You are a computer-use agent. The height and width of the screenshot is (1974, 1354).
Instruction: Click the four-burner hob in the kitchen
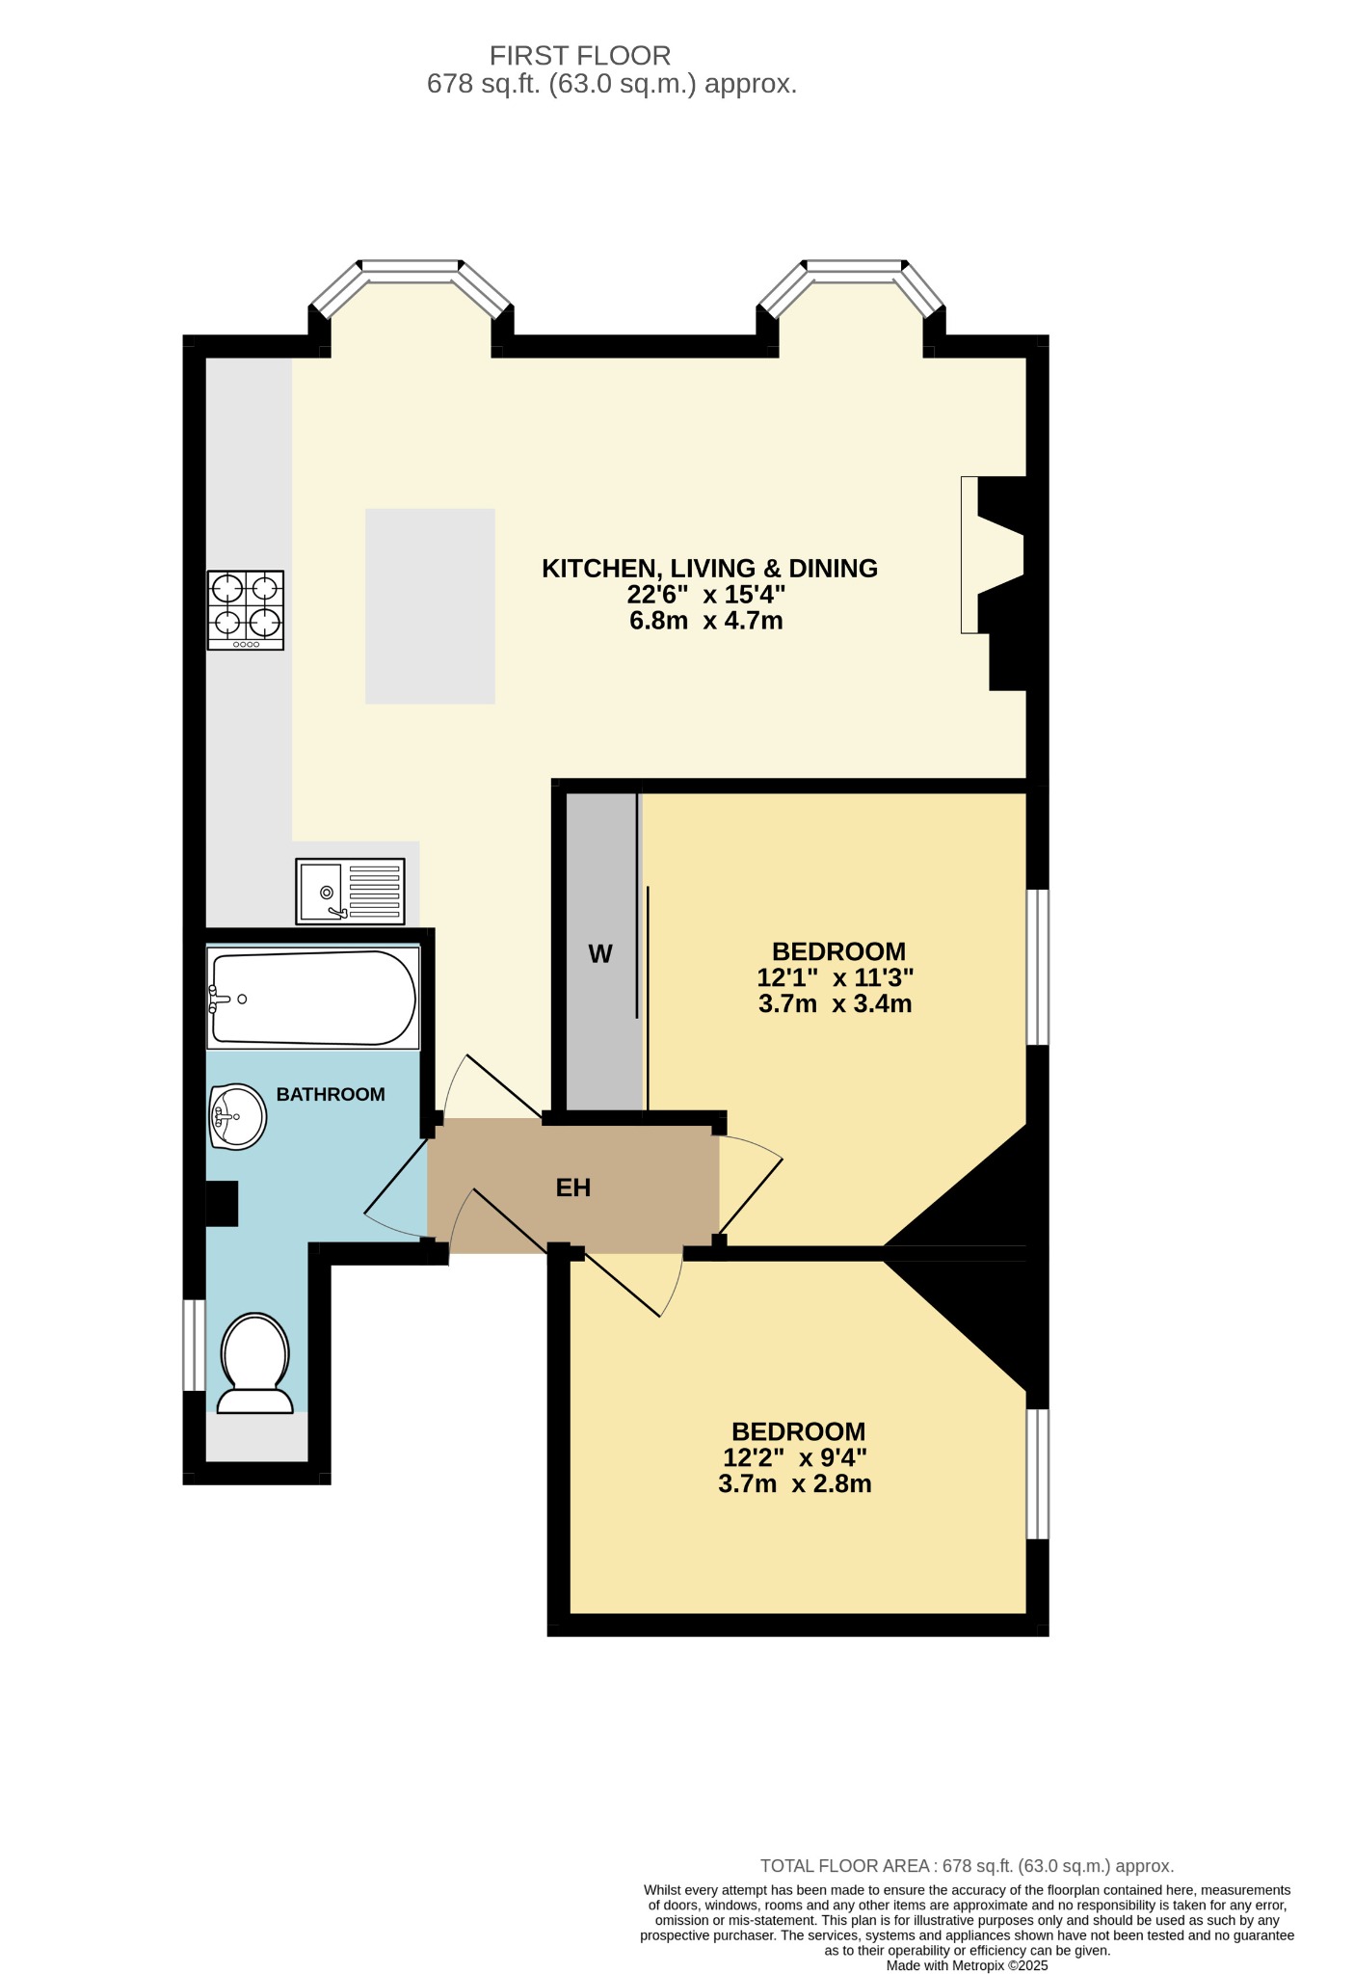pyautogui.click(x=246, y=609)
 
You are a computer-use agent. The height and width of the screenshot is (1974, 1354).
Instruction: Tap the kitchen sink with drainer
pyautogui.click(x=349, y=891)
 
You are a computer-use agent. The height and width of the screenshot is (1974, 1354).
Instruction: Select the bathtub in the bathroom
pyautogui.click(x=313, y=998)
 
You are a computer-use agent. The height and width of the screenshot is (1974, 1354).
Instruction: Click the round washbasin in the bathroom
pyautogui.click(x=237, y=1117)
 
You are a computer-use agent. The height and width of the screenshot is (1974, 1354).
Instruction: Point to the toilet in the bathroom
pyautogui.click(x=255, y=1363)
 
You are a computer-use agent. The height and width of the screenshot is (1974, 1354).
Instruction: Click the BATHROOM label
pyautogui.click(x=331, y=1094)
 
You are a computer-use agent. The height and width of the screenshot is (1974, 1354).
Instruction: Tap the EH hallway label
pyautogui.click(x=573, y=1187)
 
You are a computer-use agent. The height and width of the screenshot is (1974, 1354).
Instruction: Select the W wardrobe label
pyautogui.click(x=600, y=954)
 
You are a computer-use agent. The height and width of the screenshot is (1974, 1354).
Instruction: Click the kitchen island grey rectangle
pyautogui.click(x=430, y=605)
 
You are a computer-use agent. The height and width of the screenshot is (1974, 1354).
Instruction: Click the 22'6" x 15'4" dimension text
pyautogui.click(x=706, y=595)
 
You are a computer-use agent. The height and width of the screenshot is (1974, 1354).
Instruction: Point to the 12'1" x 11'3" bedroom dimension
pyautogui.click(x=836, y=977)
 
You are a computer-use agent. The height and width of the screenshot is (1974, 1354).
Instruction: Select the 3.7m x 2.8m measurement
pyautogui.click(x=795, y=1483)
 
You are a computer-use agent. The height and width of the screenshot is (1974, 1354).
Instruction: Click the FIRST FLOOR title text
pyautogui.click(x=580, y=55)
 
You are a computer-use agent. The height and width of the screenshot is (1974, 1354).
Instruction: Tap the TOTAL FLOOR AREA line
pyautogui.click(x=967, y=1866)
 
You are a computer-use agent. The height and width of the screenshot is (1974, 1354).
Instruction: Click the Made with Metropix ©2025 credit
pyautogui.click(x=967, y=1965)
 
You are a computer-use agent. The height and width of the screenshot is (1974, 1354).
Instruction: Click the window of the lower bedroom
pyautogui.click(x=1037, y=1474)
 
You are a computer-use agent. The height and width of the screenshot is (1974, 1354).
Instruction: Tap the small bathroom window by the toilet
pyautogui.click(x=195, y=1345)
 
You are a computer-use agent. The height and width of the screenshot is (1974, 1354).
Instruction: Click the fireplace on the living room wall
pyautogui.click(x=993, y=555)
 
